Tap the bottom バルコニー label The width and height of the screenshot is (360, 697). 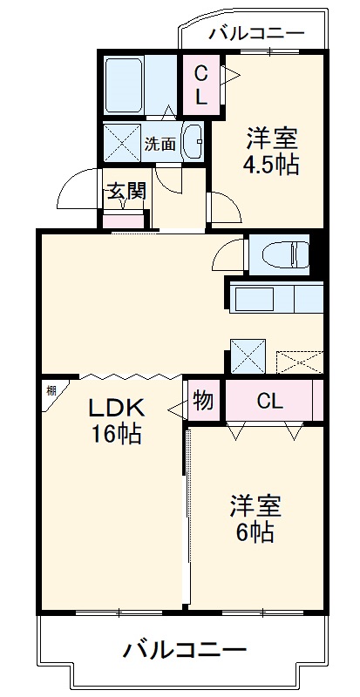coord(184,649)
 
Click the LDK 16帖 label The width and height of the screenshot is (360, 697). coord(114,421)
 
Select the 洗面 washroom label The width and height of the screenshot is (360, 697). coord(159,145)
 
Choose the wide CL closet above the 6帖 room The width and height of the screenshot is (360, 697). coord(269,401)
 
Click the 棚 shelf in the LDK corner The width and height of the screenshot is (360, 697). coord(51,393)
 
